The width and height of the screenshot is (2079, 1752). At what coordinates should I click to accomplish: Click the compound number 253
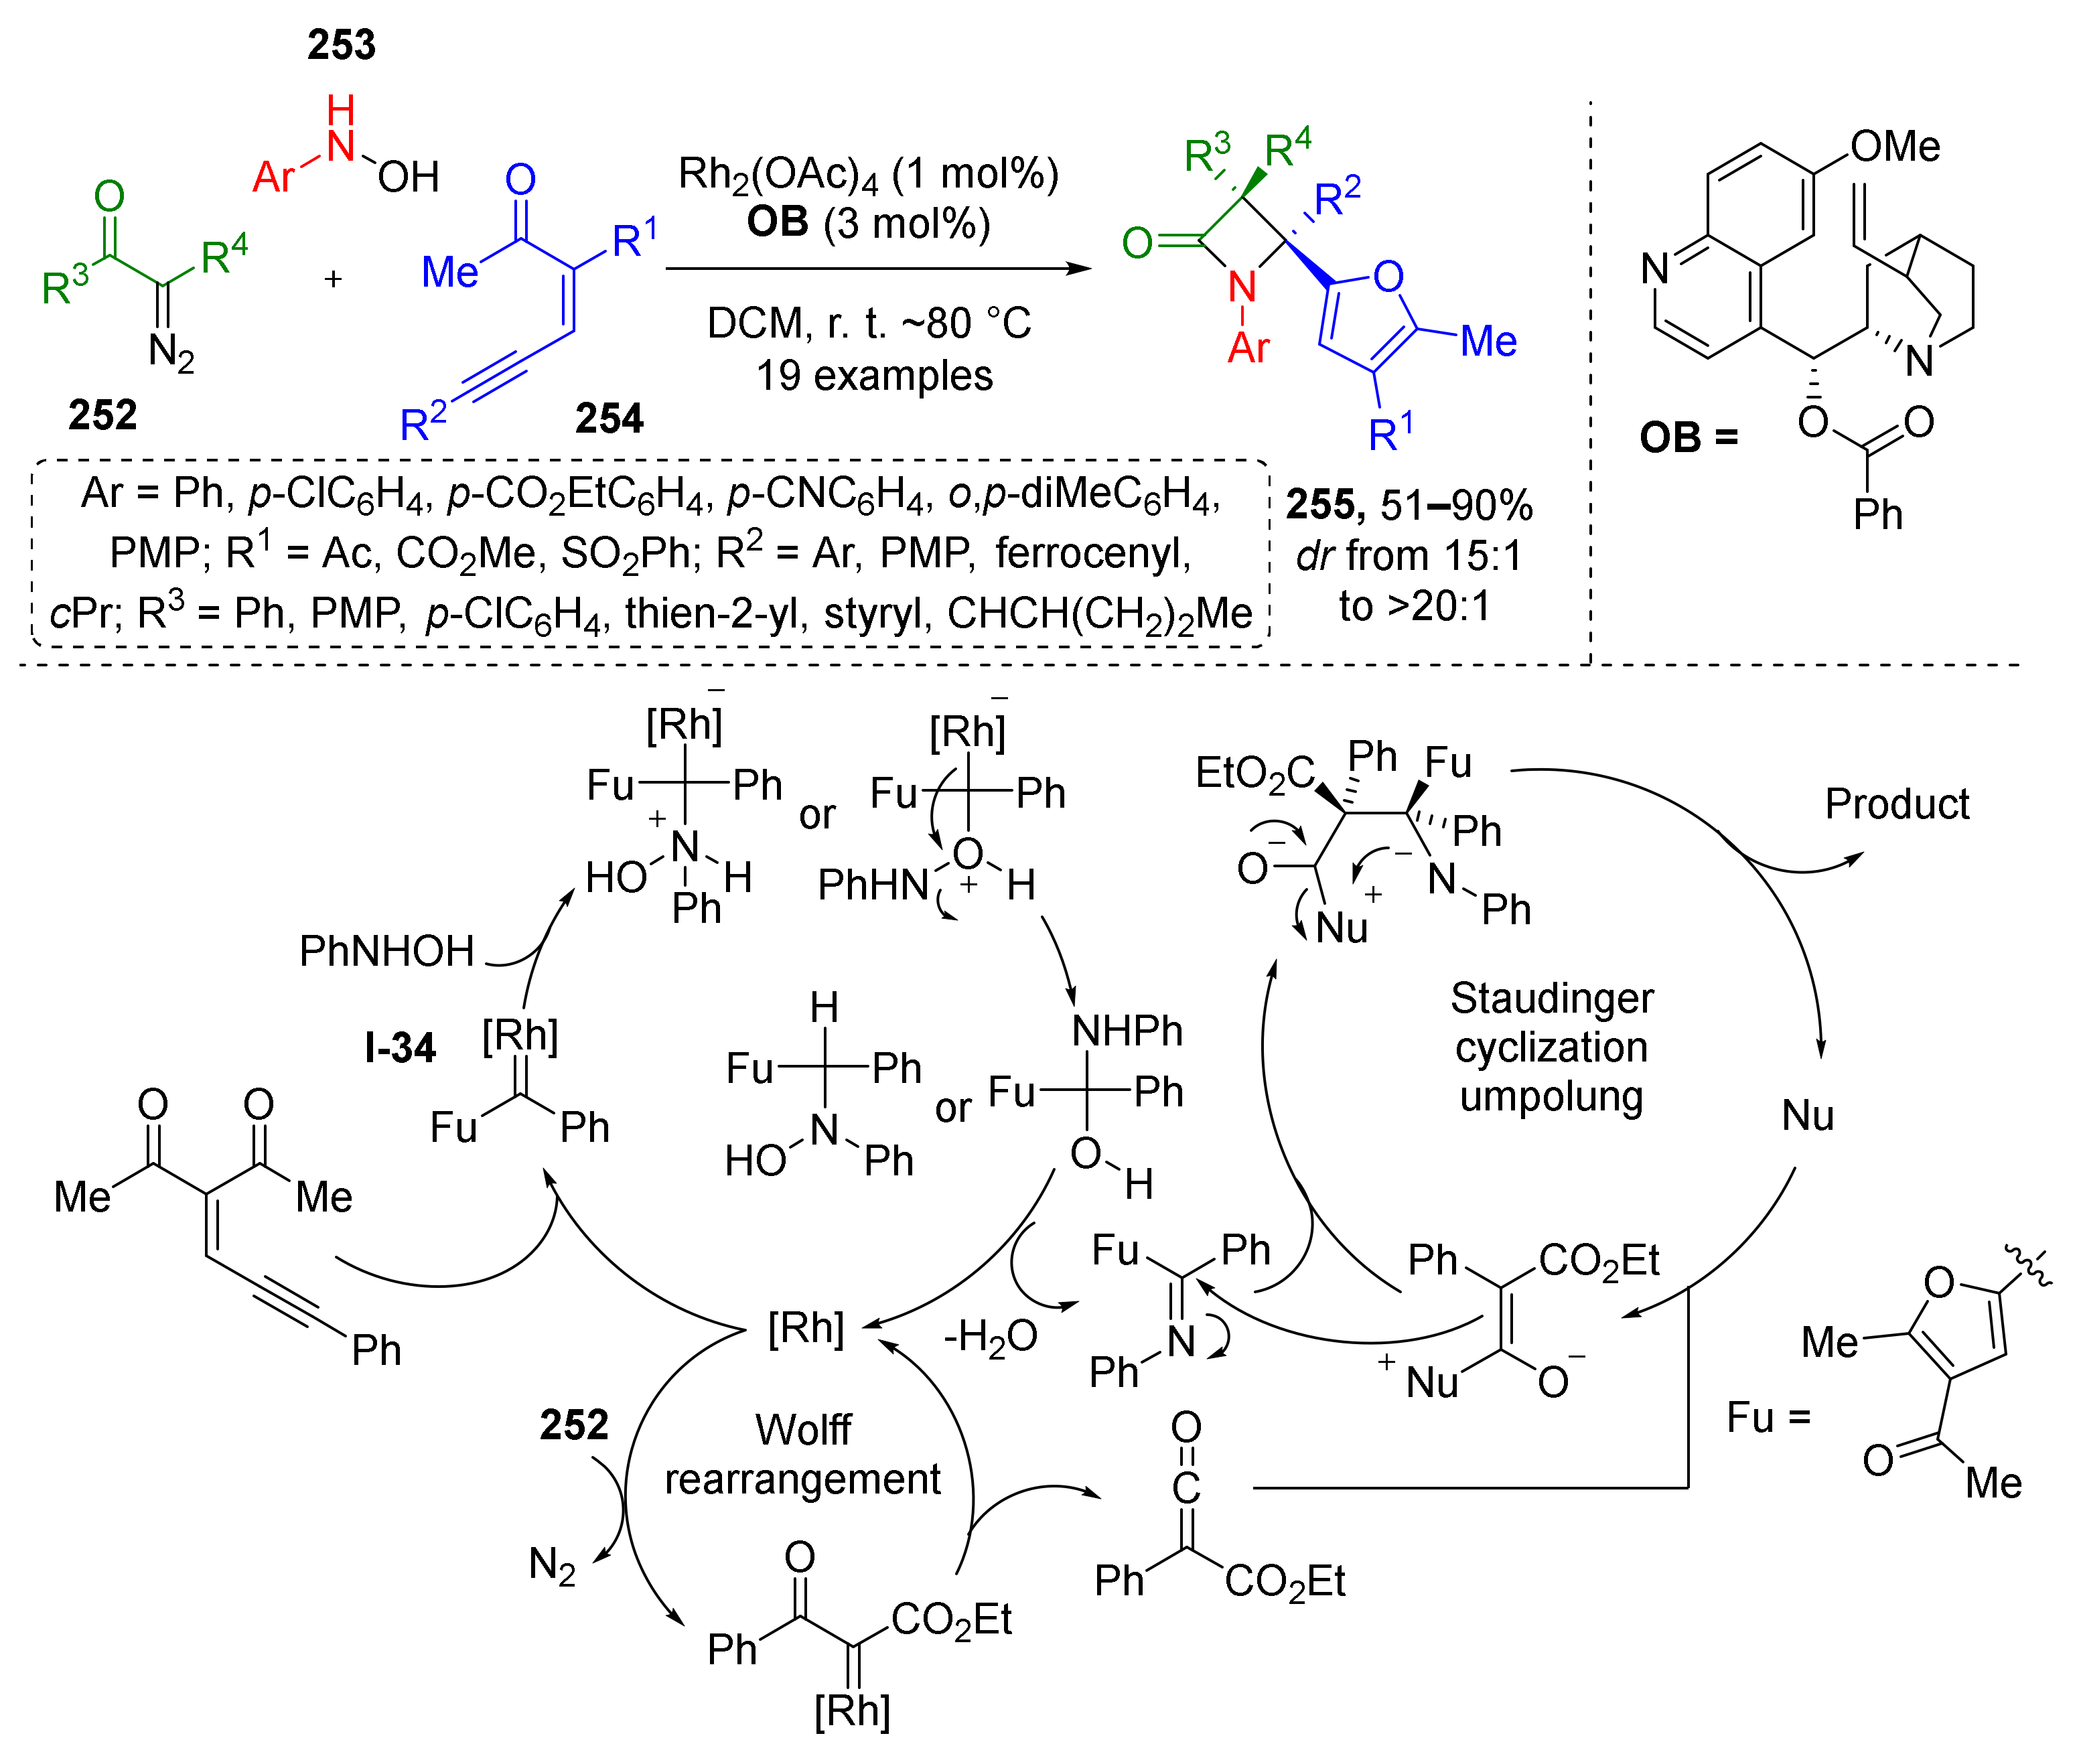tap(341, 45)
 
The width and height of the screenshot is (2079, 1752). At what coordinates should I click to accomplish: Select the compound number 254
tap(609, 418)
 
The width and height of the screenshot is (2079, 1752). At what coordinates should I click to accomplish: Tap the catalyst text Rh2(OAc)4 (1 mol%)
tap(867, 175)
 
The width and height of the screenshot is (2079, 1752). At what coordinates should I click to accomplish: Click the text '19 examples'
tap(874, 376)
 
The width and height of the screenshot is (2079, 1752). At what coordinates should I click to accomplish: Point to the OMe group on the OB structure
tap(1894, 147)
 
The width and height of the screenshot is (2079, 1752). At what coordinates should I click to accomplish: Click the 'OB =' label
tap(1688, 437)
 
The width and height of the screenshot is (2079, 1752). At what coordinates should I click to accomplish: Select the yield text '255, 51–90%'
tap(1409, 506)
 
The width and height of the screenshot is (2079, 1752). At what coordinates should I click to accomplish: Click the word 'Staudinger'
tap(1552, 997)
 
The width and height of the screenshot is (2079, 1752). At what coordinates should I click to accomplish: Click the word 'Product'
tap(1896, 804)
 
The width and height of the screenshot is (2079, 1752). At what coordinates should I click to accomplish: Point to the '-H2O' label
tap(989, 1337)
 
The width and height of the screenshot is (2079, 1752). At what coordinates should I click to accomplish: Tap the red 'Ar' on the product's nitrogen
tap(1248, 348)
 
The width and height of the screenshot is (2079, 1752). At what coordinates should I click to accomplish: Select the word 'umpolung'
tap(1552, 1096)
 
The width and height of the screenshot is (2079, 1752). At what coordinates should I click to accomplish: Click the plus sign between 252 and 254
tap(333, 279)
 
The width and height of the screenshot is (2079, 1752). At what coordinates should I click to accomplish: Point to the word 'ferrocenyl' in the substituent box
tap(1092, 553)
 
